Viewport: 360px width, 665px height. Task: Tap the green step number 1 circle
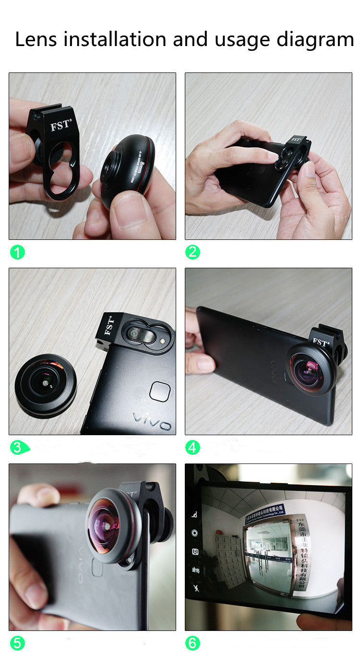[x=17, y=252]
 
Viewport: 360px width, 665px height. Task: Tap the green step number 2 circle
[x=192, y=252]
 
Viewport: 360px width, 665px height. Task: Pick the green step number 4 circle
[x=192, y=448]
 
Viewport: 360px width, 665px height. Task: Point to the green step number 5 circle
[x=17, y=643]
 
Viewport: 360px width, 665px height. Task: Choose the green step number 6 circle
[x=192, y=643]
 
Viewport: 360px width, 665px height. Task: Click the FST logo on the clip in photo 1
[x=60, y=126]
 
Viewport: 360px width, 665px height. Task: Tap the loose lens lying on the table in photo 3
[x=45, y=384]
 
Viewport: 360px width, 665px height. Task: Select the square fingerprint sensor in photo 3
[x=159, y=392]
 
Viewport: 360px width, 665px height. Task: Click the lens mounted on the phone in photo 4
[x=309, y=368]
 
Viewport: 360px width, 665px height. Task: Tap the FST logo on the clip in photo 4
[x=320, y=343]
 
